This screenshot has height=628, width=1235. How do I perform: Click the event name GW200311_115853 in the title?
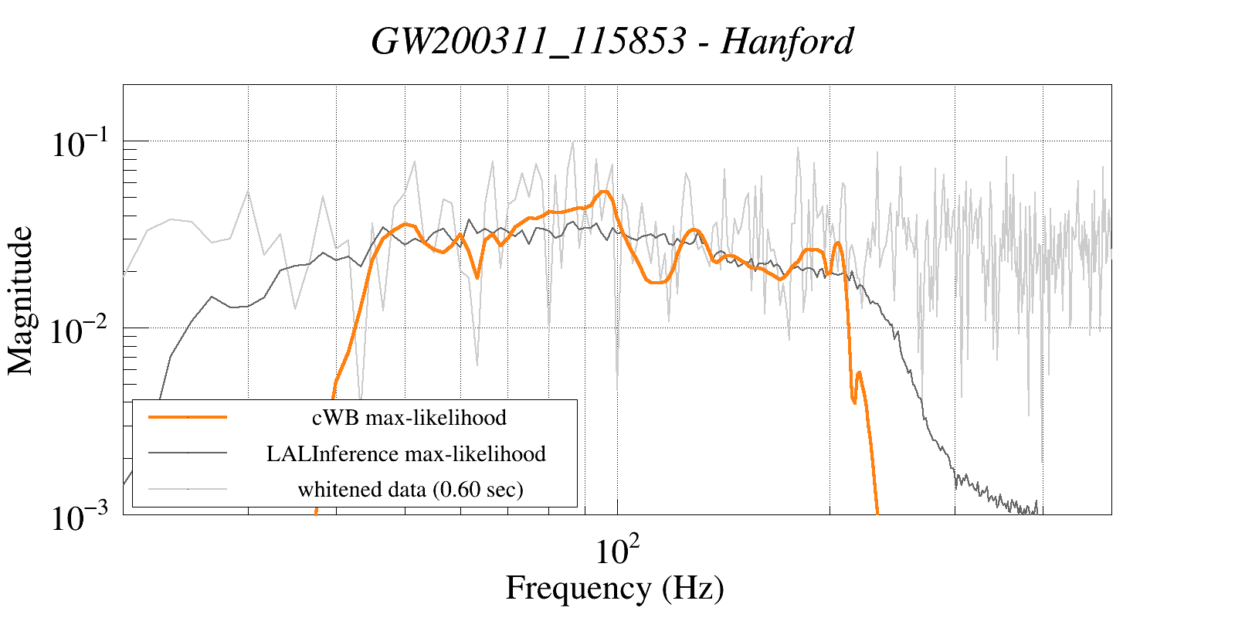(528, 41)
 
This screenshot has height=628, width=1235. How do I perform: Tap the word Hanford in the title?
(787, 41)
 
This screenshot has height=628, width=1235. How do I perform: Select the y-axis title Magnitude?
(21, 300)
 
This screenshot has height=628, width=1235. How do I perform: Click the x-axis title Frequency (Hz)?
(615, 588)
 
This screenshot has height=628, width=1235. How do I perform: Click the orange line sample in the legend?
(188, 417)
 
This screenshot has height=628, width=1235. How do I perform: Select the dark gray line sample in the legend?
(188, 453)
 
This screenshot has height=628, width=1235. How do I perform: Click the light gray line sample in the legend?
(188, 489)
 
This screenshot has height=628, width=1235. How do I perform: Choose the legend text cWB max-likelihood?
(409, 418)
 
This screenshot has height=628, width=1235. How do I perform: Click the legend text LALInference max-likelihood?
(406, 453)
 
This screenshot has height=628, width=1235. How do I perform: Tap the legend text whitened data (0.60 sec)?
(410, 490)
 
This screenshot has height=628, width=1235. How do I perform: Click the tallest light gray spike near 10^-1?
(572, 142)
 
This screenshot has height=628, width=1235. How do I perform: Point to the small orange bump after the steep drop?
(859, 373)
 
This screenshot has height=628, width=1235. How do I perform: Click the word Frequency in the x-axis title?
(578, 588)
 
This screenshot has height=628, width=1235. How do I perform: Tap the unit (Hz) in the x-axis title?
(693, 588)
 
